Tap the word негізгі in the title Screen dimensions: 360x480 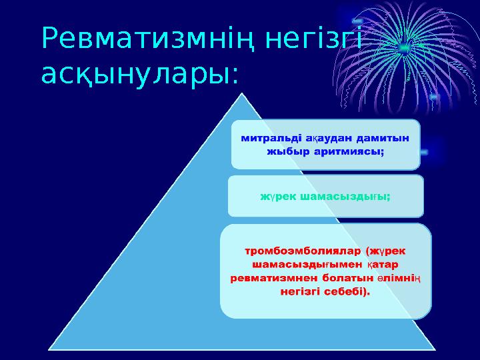click(x=313, y=41)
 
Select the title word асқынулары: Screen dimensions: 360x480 click(x=139, y=75)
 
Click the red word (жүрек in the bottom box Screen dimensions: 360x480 click(x=386, y=251)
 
